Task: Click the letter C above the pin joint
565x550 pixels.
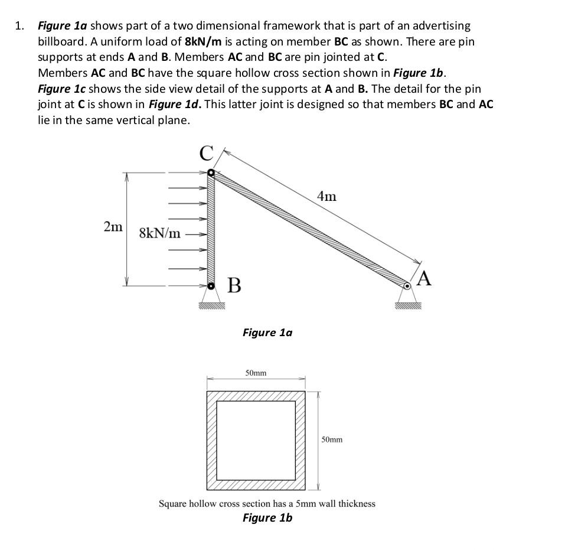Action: point(205,154)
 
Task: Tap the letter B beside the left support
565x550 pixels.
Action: point(234,286)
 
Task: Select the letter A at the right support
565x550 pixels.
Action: point(424,278)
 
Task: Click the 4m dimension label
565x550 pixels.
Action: point(326,196)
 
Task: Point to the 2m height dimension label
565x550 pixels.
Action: point(113,226)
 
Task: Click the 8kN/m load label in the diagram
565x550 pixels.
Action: point(160,233)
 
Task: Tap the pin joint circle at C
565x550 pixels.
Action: point(211,173)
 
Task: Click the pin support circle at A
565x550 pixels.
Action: point(407,286)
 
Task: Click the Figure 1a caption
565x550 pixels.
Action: point(267,333)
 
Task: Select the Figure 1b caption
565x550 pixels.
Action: point(267,518)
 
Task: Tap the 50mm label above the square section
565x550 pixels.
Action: point(256,373)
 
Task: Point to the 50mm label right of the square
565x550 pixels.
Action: point(332,440)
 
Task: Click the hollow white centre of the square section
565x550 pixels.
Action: point(256,440)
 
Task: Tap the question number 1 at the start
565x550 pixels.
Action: point(19,26)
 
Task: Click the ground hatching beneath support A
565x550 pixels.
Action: point(409,306)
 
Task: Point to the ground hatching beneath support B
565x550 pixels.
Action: point(212,306)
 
